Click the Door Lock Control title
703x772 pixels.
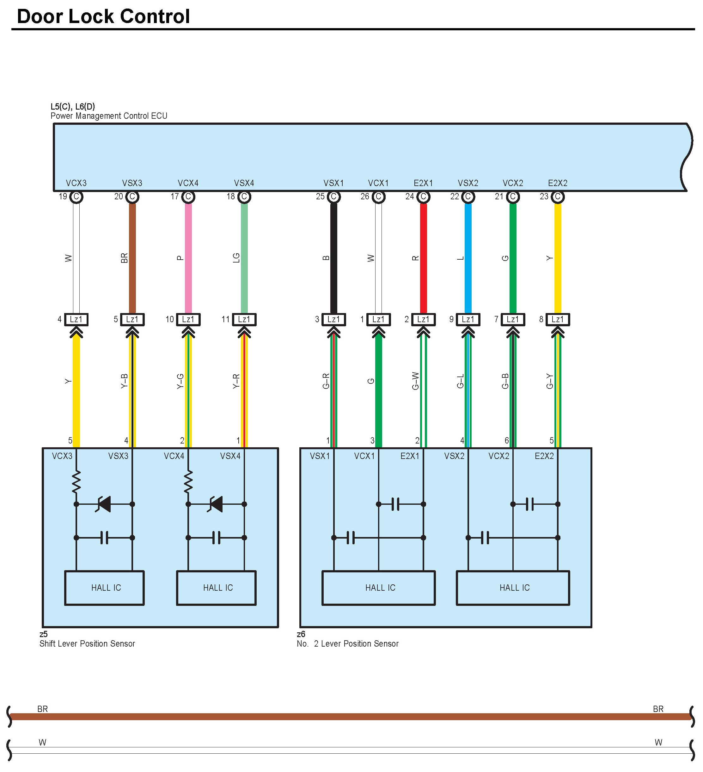click(103, 16)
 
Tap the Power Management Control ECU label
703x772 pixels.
click(109, 116)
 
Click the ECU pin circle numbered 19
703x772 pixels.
click(76, 197)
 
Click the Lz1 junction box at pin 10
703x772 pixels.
click(188, 319)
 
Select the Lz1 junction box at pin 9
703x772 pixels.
click(468, 319)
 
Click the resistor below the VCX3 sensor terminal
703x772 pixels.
click(76, 482)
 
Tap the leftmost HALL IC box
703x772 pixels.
click(104, 588)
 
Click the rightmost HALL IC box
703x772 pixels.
click(513, 588)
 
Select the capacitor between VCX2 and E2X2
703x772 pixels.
click(529, 504)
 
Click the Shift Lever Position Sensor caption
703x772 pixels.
click(87, 644)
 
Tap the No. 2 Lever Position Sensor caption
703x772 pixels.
click(348, 644)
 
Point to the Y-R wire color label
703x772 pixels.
click(236, 381)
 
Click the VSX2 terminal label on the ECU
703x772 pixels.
click(468, 183)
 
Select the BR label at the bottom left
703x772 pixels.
click(43, 709)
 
